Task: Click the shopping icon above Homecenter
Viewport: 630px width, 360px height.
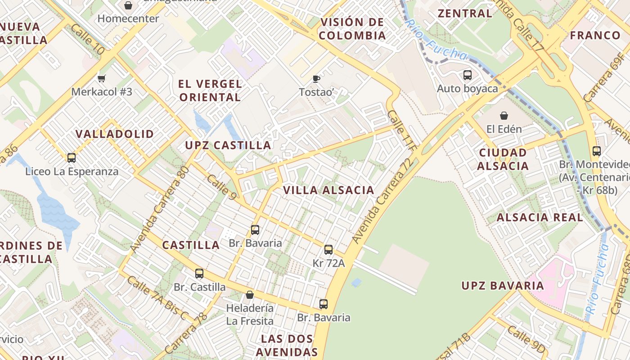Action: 128,5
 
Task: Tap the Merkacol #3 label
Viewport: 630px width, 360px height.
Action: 102,92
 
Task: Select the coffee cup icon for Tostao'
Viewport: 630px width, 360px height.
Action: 316,79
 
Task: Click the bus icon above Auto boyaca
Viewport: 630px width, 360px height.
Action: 468,75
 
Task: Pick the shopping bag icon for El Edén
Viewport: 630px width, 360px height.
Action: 504,116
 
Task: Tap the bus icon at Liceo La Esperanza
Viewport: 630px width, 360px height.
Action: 72,158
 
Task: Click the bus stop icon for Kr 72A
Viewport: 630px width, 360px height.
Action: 328,250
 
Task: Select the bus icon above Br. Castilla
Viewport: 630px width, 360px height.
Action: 199,273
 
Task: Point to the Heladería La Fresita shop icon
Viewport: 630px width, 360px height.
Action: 250,295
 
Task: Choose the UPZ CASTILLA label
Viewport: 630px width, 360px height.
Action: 228,145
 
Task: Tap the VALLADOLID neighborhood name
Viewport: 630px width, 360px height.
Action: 115,134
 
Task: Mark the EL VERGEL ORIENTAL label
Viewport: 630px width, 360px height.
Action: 210,90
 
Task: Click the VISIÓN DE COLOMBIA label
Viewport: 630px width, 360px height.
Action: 353,29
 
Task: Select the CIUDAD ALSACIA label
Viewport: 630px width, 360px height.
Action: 503,159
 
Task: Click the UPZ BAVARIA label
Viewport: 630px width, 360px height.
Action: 503,286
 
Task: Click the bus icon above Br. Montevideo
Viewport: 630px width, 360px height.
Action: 597,151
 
